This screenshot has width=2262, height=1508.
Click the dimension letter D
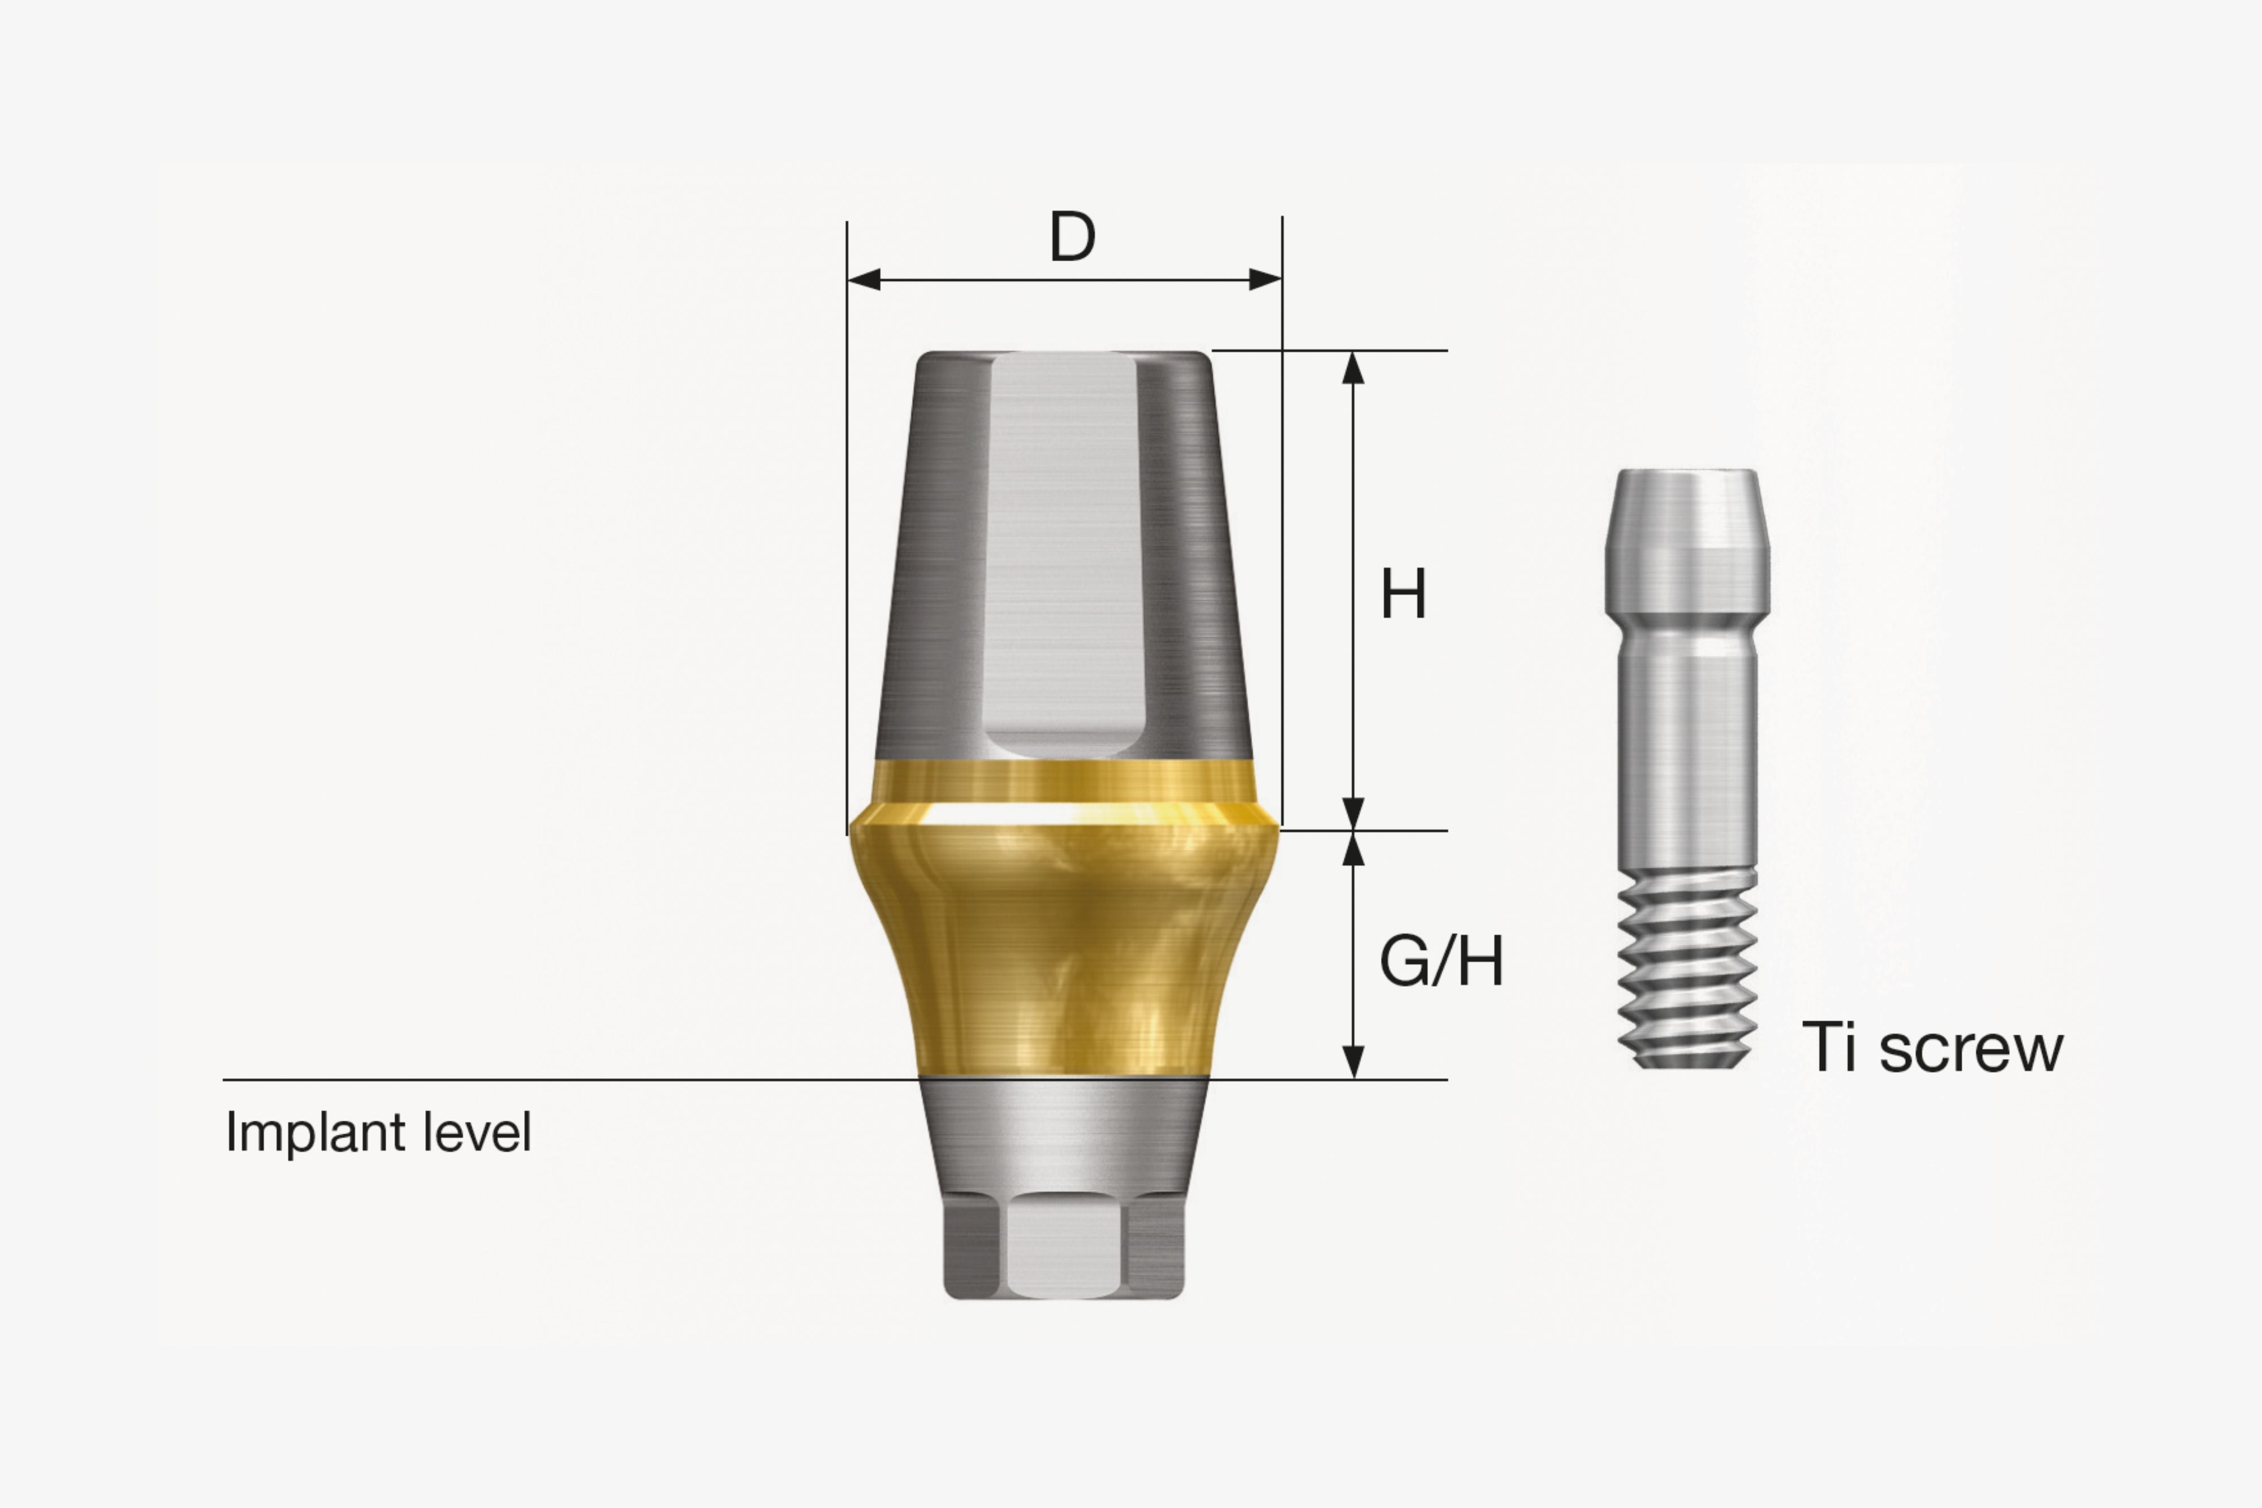click(1072, 236)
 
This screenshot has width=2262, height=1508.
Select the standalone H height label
click(1403, 594)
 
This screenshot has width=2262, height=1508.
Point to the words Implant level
click(378, 1132)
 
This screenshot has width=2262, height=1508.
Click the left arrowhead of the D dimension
click(864, 280)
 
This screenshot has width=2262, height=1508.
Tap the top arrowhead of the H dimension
click(1353, 368)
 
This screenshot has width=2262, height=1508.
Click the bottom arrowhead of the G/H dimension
click(1353, 1062)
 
